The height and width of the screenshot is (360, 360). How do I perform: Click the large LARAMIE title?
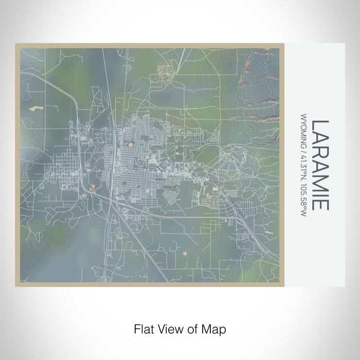pos(319,165)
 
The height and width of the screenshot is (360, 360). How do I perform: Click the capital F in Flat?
pos(137,329)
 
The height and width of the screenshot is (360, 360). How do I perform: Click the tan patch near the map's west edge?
pos(34,109)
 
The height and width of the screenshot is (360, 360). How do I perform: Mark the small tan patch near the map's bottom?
pos(185,253)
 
